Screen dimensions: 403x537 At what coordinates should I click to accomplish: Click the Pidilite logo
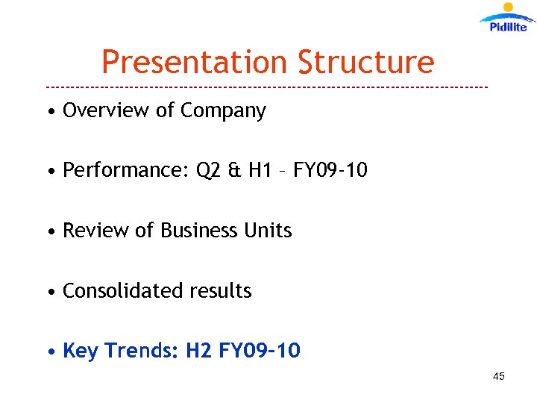[x=508, y=18]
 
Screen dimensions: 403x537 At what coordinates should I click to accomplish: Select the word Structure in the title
[x=365, y=62]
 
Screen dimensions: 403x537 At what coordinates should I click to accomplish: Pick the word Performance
[x=126, y=171]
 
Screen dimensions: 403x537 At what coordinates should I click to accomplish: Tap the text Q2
[x=209, y=171]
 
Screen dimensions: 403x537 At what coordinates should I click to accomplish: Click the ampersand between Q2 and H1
[x=236, y=171]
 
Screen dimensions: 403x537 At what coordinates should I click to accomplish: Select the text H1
[x=261, y=171]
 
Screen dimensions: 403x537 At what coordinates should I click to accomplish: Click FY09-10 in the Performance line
[x=330, y=171]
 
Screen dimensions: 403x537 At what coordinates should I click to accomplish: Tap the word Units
[x=268, y=231]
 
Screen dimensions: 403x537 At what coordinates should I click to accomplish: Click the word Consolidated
[x=120, y=291]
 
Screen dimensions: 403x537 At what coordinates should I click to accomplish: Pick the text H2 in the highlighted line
[x=199, y=351]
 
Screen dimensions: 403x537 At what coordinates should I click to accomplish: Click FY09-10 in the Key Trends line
[x=260, y=351]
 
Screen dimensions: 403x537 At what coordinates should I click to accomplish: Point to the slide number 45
[x=499, y=376]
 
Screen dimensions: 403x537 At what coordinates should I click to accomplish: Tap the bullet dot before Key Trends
[x=50, y=352]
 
